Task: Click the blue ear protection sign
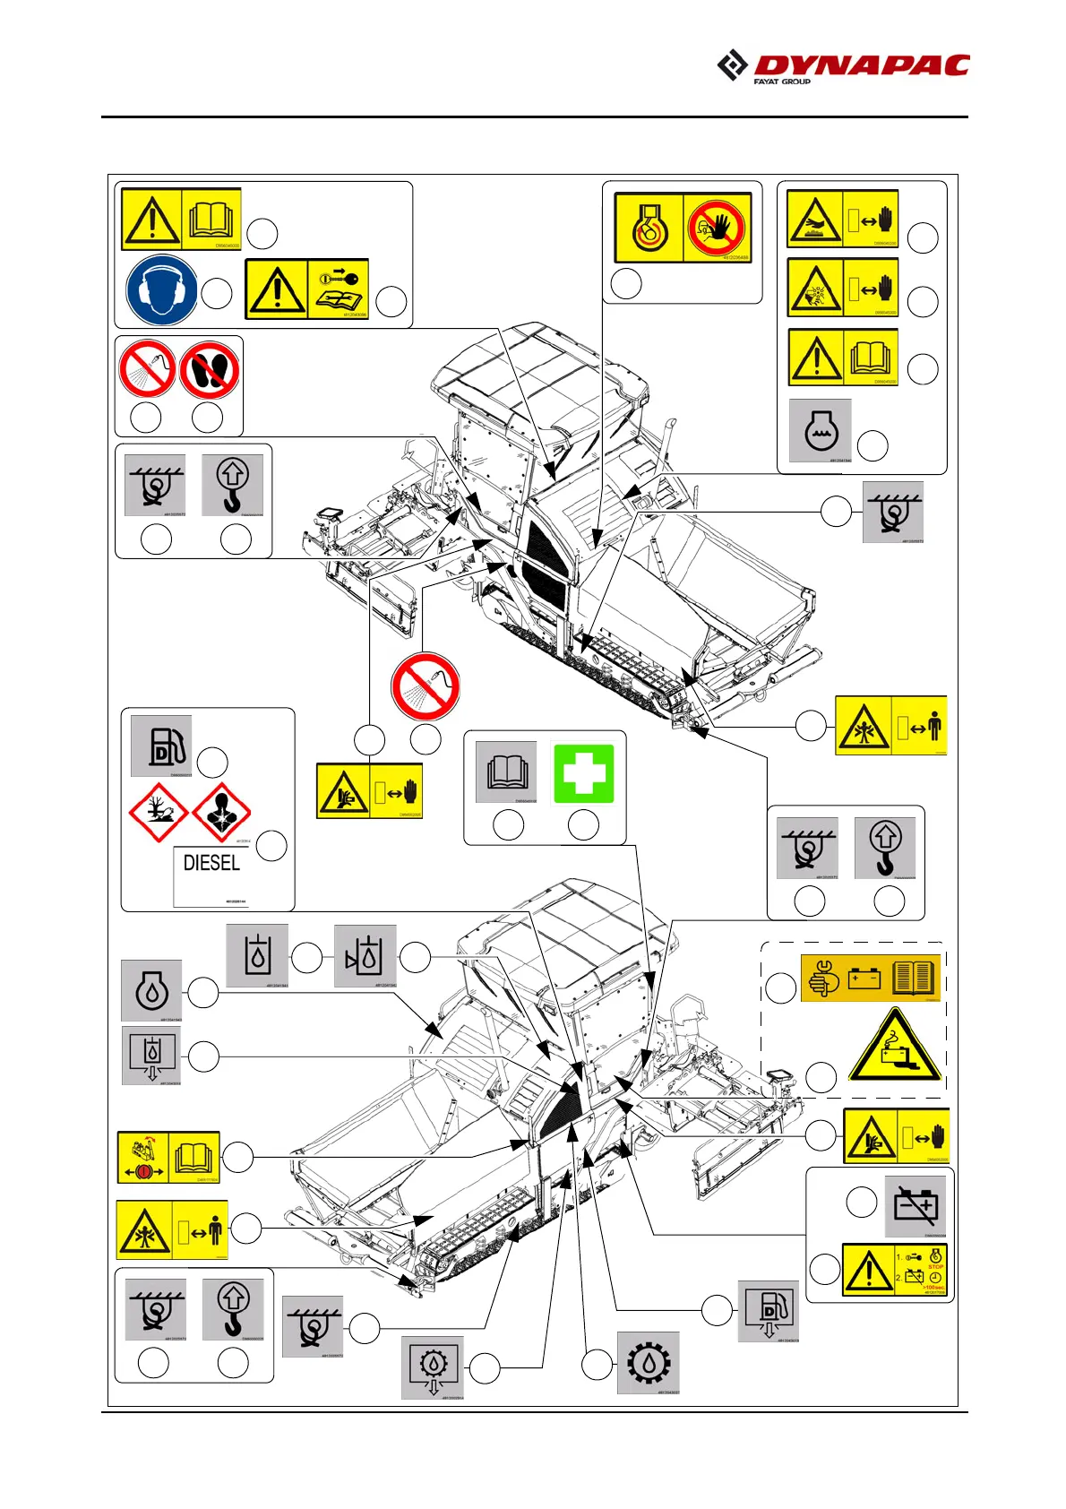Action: pos(161,289)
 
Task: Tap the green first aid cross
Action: pos(584,773)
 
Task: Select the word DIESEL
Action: pos(211,863)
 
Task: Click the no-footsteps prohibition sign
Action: pos(210,371)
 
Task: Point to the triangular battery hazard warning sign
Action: pos(895,1046)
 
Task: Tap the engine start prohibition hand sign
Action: pos(717,228)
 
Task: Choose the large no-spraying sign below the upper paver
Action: pos(426,686)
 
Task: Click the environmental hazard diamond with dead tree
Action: pos(158,813)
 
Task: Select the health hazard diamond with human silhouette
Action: pos(221,813)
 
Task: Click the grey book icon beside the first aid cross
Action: pos(506,772)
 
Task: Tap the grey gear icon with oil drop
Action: pos(648,1362)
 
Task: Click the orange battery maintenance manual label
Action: pos(870,978)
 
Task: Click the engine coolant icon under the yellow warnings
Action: pos(820,431)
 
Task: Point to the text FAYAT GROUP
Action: pos(781,82)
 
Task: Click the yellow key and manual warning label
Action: pos(306,289)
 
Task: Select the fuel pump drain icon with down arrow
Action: pos(768,1311)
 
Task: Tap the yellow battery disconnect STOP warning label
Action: pos(894,1270)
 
